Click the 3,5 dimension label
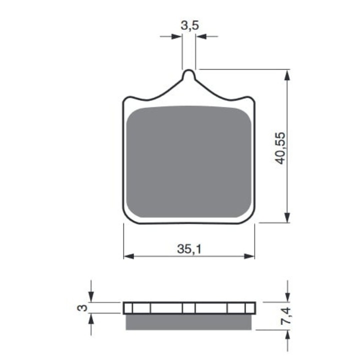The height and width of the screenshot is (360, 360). (189, 25)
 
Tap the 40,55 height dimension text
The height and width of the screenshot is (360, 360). (280, 148)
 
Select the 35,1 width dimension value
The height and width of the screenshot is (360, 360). (189, 249)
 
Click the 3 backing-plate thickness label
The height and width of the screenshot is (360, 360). (82, 307)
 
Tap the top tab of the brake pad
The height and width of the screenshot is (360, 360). (188, 75)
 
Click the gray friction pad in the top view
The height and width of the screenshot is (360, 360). (188, 161)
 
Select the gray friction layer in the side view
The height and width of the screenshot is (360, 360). (188, 322)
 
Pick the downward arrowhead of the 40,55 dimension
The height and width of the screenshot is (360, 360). (287, 217)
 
